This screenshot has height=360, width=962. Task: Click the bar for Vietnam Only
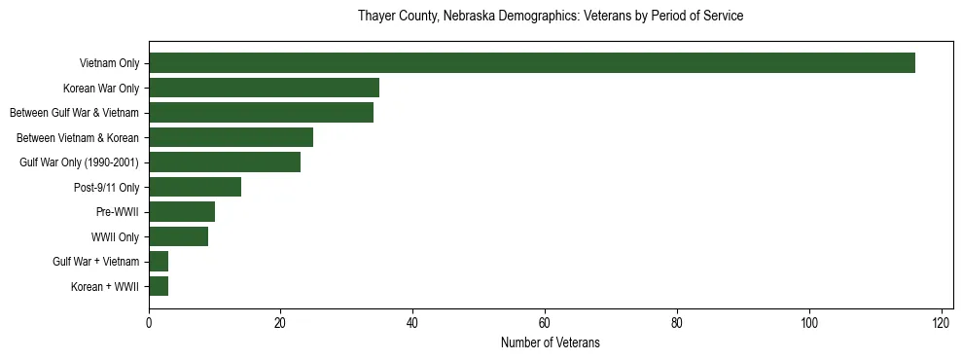coord(532,63)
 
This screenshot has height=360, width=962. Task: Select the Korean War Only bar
coord(264,88)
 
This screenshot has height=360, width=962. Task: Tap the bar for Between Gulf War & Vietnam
coord(261,113)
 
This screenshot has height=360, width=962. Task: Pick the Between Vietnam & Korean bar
coord(231,137)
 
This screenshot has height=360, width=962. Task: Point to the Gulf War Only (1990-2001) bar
coord(225,162)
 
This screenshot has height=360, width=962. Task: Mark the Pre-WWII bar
coord(182,212)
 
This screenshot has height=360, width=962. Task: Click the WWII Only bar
coord(178,236)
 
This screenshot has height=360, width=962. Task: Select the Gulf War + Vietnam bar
coord(159,262)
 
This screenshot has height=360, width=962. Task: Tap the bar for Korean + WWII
coord(159,286)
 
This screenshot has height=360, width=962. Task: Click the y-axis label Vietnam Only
coord(109,63)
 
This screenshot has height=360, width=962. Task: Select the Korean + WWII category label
coord(105,286)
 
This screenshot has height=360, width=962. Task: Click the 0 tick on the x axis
coord(149,322)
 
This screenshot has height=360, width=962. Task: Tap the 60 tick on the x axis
coord(545,322)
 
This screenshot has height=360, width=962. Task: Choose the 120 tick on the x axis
coord(941,322)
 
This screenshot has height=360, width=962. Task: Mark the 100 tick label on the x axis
coord(808,322)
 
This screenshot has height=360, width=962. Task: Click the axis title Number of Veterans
coord(550,342)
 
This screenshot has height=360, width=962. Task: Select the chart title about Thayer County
coord(550,17)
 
